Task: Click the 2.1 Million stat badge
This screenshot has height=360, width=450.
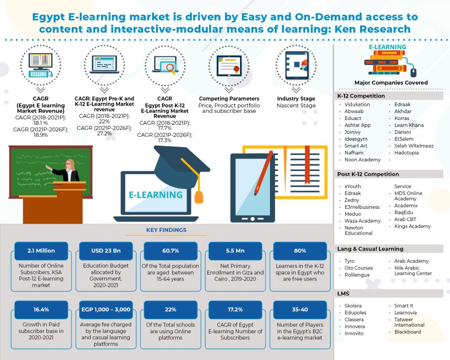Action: (41, 251)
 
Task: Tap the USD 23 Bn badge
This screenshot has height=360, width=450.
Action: (105, 251)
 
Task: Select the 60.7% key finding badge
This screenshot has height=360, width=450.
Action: (170, 251)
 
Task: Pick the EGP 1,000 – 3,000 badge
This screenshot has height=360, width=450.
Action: (105, 309)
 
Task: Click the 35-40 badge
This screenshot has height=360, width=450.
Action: (300, 309)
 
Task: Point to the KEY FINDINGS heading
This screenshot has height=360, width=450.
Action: (166, 230)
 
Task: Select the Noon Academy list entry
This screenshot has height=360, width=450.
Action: (363, 160)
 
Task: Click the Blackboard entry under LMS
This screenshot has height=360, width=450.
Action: (407, 332)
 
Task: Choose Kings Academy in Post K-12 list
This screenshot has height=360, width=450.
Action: (412, 226)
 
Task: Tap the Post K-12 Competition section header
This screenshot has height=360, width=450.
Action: (368, 174)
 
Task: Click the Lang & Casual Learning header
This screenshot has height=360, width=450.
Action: (370, 249)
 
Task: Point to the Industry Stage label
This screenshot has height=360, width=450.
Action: (296, 98)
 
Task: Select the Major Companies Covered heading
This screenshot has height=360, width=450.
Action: (391, 83)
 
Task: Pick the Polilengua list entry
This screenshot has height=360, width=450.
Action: (357, 275)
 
